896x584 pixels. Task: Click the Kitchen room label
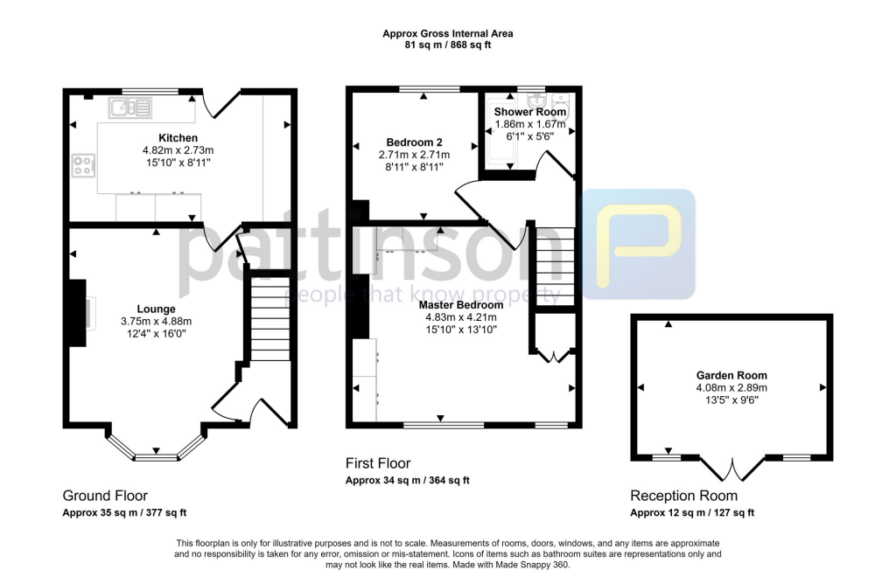pyautogui.click(x=178, y=138)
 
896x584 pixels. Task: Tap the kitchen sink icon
pyautogui.click(x=129, y=108)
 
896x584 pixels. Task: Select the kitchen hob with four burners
pyautogui.click(x=84, y=164)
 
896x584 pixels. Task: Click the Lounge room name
pyautogui.click(x=156, y=309)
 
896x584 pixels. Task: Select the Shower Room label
pyautogui.click(x=530, y=112)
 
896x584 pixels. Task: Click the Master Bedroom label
pyautogui.click(x=464, y=305)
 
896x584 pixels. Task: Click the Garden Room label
pyautogui.click(x=731, y=376)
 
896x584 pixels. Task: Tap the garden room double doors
pyautogui.click(x=731, y=470)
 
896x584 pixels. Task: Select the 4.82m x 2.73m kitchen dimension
pyautogui.click(x=178, y=150)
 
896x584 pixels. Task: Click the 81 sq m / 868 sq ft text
pyautogui.click(x=447, y=45)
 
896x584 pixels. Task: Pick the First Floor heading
pyautogui.click(x=378, y=463)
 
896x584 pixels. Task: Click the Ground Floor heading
pyautogui.click(x=105, y=495)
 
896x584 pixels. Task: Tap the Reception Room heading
pyautogui.click(x=683, y=496)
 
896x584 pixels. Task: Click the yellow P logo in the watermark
pyautogui.click(x=640, y=245)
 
